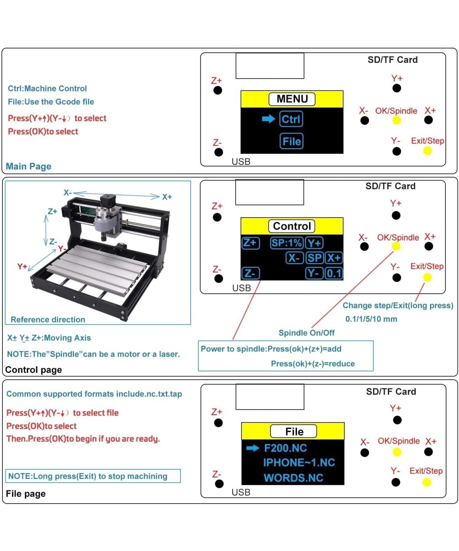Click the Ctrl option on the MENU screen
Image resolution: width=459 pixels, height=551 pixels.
click(291, 119)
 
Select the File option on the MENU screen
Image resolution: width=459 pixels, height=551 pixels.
click(292, 141)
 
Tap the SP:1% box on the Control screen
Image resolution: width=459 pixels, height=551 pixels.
click(286, 243)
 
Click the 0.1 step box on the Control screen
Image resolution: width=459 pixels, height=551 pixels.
click(334, 274)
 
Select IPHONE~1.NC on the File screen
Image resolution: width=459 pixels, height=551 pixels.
click(299, 462)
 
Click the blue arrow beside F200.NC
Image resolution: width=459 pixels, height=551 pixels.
click(253, 448)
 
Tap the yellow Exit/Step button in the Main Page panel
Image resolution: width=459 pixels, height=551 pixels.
click(427, 151)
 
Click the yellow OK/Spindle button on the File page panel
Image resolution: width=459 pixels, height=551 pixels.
click(397, 452)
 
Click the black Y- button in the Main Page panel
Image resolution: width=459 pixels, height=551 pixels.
click(397, 151)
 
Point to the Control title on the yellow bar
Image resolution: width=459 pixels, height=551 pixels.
click(292, 226)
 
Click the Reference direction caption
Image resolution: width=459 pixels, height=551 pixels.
click(48, 320)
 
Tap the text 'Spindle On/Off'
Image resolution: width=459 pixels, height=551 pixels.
click(306, 332)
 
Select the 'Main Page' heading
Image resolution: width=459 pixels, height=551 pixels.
click(28, 166)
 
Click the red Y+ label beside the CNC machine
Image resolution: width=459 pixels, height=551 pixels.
click(22, 266)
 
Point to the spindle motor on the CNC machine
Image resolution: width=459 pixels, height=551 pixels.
click(103, 222)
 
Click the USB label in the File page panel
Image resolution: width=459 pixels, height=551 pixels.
click(241, 492)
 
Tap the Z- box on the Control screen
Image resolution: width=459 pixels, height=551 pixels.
click(251, 274)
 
